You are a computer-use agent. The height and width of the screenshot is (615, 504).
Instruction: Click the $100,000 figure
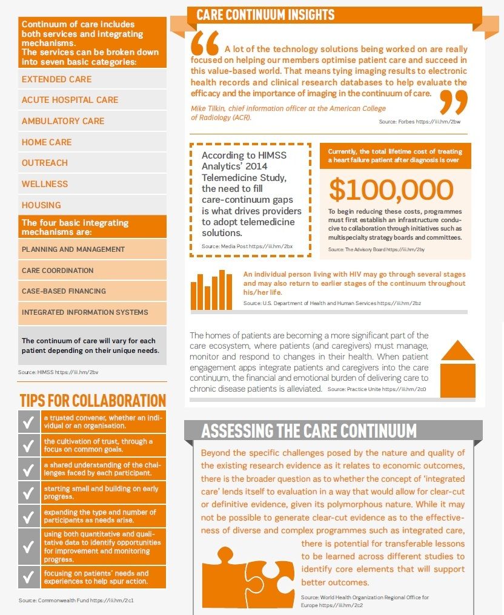coord(391,189)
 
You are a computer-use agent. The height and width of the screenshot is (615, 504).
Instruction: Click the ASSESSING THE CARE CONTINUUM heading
coord(309,431)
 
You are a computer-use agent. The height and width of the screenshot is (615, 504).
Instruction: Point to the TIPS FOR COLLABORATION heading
coord(93,401)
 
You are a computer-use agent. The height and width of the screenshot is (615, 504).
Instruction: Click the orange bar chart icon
coord(211,289)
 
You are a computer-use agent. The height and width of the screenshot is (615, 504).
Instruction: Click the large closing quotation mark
coord(453,101)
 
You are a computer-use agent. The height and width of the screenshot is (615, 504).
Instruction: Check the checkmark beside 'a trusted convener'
coord(28,422)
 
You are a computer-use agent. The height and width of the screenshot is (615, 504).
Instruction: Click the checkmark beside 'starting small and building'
coord(28,492)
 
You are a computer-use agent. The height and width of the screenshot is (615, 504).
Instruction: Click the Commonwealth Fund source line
coord(76,600)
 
